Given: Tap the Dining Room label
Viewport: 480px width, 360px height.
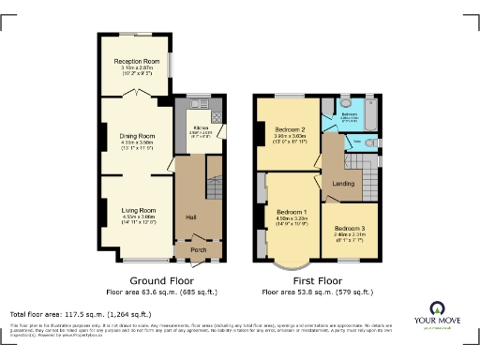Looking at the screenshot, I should click(137, 136).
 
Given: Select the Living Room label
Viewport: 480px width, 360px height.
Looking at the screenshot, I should click(137, 210).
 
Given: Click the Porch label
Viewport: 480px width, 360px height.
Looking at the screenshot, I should click(199, 250).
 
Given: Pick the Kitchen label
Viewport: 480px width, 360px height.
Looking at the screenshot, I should click(201, 127).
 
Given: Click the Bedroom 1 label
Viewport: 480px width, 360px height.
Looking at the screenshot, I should click(292, 212).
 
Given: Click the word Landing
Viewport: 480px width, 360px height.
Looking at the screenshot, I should click(344, 184).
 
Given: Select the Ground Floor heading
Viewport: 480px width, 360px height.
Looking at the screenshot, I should click(161, 279).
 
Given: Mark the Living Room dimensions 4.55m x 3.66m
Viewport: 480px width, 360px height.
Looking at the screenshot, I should click(137, 217).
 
